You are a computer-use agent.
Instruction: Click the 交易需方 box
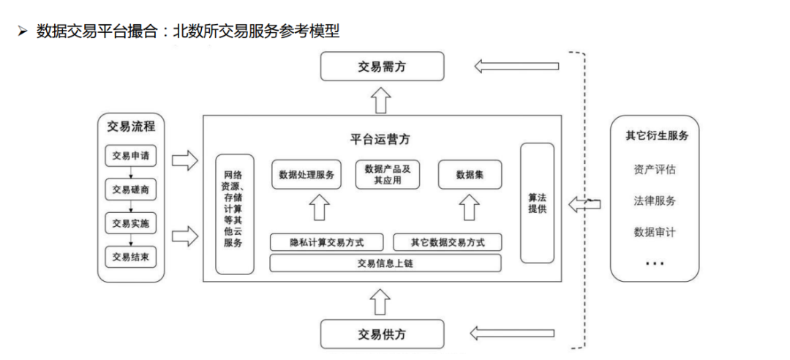click(382, 67)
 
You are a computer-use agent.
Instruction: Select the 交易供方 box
click(382, 334)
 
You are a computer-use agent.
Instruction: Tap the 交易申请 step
click(131, 156)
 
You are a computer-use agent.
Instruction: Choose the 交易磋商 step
click(131, 190)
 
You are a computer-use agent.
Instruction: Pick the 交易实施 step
click(131, 223)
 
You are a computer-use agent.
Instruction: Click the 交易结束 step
click(131, 257)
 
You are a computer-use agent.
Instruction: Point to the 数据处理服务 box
click(306, 175)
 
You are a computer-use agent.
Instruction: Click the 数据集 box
click(469, 175)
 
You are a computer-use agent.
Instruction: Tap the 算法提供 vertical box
click(538, 203)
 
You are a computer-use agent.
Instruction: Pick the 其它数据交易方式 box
click(448, 241)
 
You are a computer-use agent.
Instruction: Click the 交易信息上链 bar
click(385, 263)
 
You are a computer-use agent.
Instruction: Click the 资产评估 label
click(654, 170)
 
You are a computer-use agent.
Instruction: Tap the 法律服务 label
click(654, 201)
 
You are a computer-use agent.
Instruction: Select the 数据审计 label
click(654, 232)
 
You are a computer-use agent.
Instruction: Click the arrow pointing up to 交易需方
click(380, 99)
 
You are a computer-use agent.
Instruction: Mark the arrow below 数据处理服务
click(318, 209)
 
